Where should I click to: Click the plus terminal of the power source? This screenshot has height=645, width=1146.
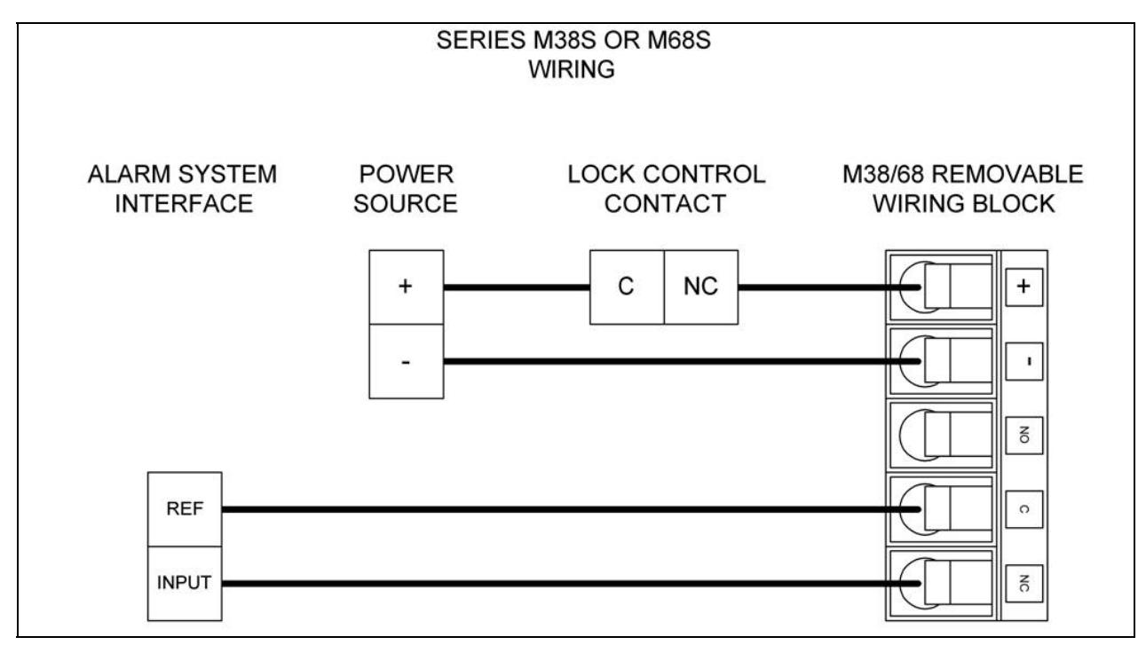407,287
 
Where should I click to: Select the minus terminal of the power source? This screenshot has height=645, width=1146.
407,362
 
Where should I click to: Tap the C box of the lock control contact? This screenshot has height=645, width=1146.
627,287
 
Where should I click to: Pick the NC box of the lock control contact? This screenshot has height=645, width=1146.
701,287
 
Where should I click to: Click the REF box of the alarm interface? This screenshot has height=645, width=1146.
185,509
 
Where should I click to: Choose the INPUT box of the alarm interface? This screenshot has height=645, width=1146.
185,584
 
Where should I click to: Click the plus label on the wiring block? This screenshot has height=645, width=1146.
1023,287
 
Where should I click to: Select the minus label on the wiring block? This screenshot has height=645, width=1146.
1023,362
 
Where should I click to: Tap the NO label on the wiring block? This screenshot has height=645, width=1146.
1023,436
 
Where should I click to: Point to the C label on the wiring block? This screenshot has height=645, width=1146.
1023,509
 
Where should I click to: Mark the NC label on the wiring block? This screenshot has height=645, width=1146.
1023,584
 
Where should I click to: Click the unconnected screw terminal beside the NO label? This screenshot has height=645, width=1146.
941,436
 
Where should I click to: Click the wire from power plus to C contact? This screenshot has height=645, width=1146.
517,287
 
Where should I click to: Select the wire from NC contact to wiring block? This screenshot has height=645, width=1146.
829,287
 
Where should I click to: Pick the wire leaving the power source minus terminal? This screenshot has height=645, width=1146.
682,362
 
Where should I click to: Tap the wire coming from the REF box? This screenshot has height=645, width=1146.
572,509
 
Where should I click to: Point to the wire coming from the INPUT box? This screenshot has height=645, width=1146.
572,584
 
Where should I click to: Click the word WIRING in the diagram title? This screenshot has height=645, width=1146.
572,69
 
